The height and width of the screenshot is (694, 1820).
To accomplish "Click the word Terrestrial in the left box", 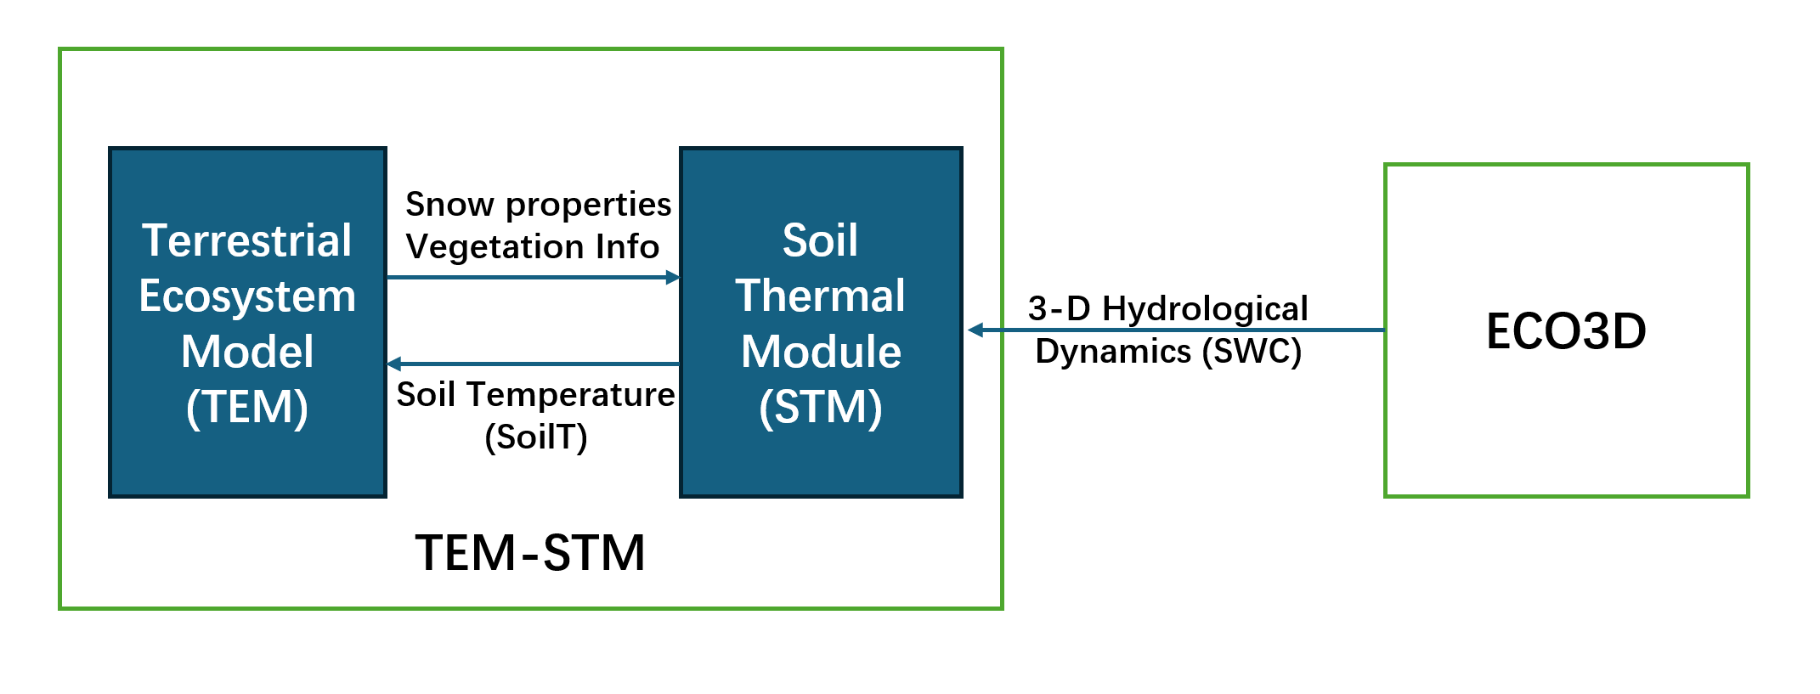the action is (x=247, y=240).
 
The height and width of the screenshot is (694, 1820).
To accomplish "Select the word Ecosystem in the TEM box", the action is (x=247, y=297).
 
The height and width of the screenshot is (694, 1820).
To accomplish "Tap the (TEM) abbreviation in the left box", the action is (x=247, y=407).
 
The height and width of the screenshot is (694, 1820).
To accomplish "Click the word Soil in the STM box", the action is (x=821, y=240).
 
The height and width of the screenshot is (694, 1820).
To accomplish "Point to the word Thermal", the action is (x=821, y=296).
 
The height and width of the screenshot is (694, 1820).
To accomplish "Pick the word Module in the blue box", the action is (x=821, y=352).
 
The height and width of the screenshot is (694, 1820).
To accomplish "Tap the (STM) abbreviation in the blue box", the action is (x=821, y=407).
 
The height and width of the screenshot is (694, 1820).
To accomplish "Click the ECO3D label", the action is (x=1566, y=331).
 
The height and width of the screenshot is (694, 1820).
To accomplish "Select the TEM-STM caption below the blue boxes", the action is (x=530, y=553).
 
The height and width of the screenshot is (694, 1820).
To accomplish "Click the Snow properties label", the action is (x=539, y=206).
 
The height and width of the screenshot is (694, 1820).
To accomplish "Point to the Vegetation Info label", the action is (x=533, y=247).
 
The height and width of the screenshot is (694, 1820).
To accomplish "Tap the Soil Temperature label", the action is (x=536, y=395).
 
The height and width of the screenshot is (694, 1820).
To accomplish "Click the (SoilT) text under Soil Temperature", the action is (x=536, y=437).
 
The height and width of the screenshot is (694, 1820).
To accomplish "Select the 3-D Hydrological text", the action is (x=1168, y=309).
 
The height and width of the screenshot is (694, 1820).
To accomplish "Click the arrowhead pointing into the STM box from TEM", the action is (x=673, y=277).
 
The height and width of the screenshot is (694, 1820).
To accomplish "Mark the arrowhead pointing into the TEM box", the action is (x=394, y=364).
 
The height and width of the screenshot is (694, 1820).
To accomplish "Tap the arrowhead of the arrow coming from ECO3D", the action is (x=975, y=330).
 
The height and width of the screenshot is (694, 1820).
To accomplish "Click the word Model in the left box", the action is (x=247, y=352).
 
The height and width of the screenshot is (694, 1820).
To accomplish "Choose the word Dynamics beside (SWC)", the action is (x=1114, y=352).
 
